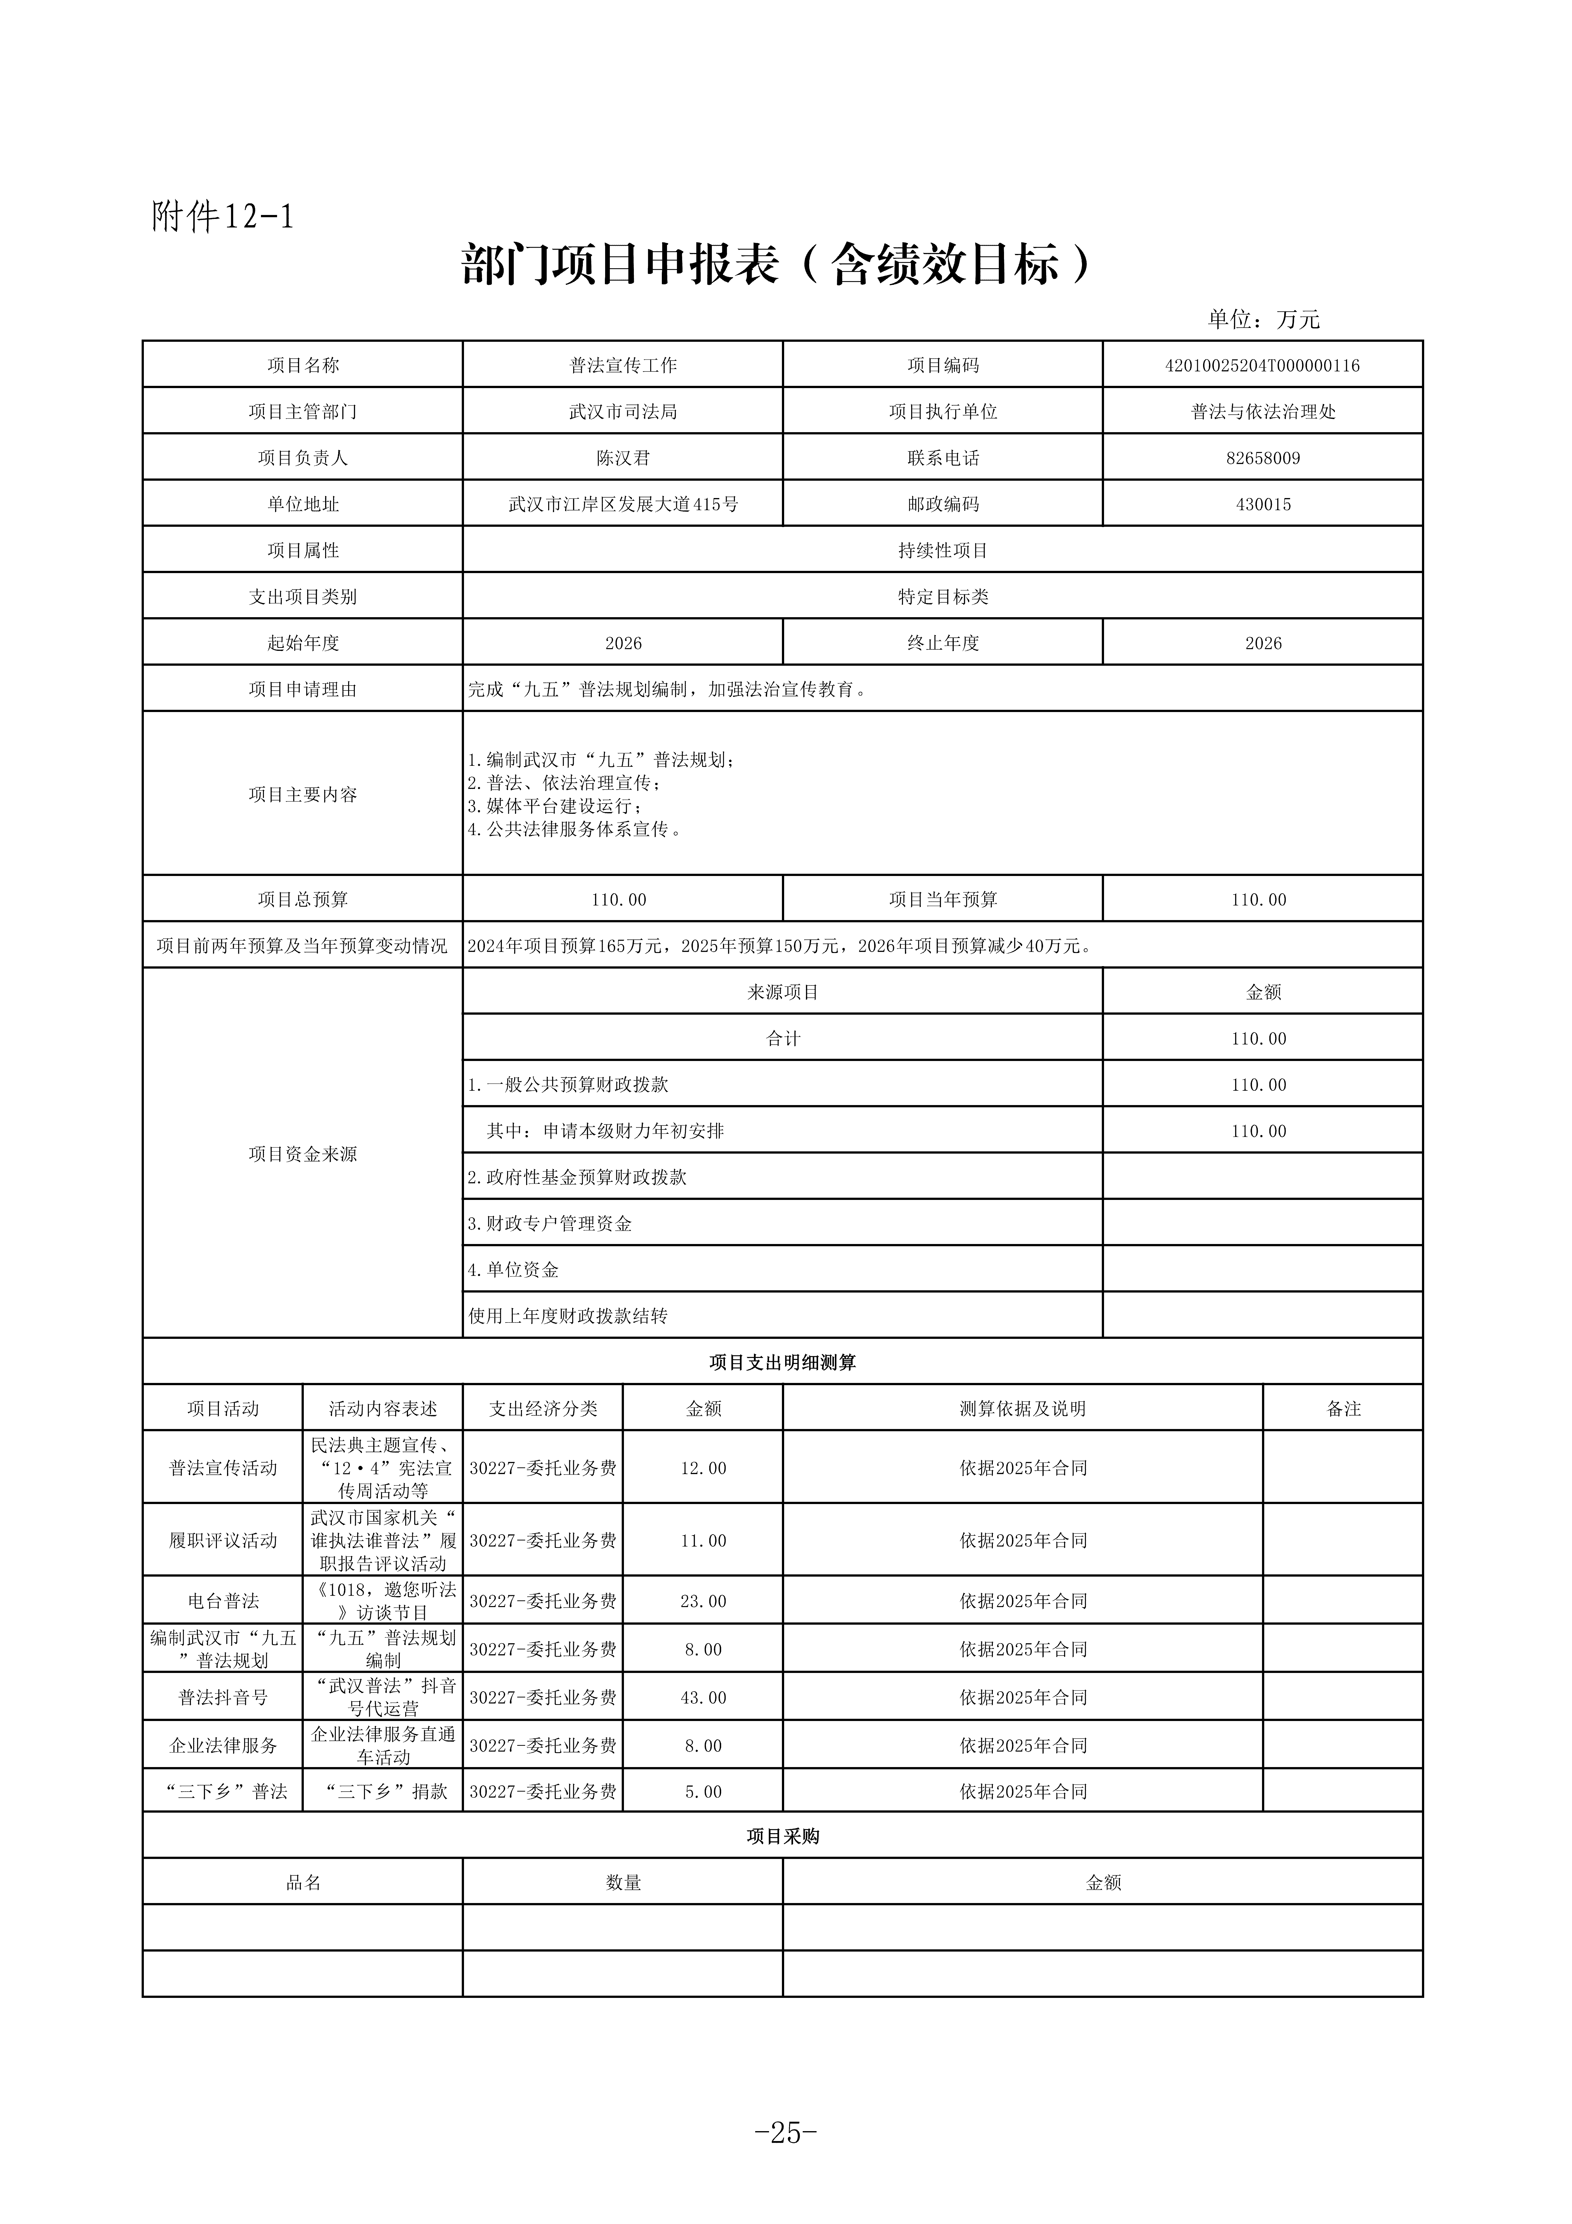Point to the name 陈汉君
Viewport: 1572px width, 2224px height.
coord(623,458)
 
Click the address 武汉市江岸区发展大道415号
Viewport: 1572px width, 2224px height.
coord(623,505)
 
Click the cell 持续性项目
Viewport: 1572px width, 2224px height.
coord(942,550)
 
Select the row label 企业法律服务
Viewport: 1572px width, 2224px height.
coord(223,1746)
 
